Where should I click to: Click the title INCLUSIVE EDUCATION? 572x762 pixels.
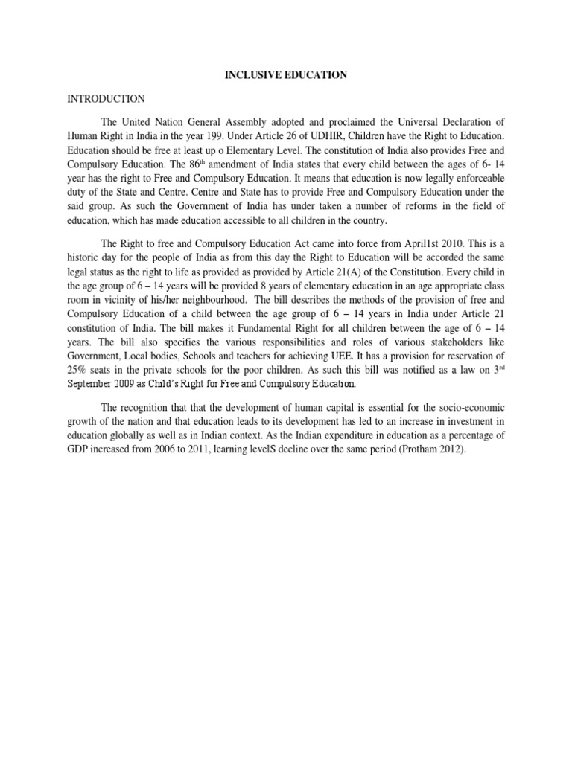[x=286, y=75]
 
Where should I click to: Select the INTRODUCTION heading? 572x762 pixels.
[x=106, y=98]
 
